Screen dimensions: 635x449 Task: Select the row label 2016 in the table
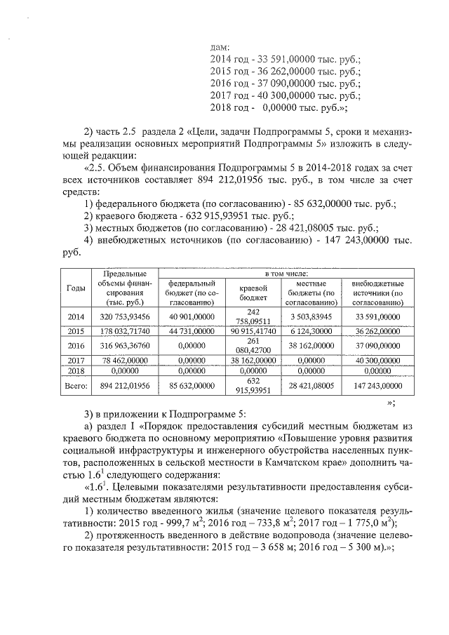(x=76, y=345)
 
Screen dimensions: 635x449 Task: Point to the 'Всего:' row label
(x=76, y=385)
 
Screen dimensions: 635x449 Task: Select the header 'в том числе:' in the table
(x=285, y=272)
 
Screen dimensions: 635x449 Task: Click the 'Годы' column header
(x=76, y=288)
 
